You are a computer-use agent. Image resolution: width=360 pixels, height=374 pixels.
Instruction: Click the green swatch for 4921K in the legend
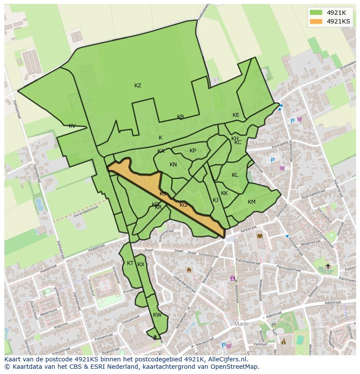316,13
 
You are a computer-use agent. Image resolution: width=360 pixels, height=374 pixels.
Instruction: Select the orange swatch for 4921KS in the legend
316,21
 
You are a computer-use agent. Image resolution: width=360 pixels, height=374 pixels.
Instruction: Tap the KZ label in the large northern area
138,86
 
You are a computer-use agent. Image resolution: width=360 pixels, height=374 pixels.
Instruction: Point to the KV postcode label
72,126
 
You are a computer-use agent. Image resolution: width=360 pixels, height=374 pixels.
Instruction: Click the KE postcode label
236,115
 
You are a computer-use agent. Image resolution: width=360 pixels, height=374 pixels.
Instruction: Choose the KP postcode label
193,151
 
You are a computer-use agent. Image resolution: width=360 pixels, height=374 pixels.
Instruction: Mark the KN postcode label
173,165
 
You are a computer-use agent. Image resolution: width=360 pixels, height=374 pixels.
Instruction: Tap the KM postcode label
251,202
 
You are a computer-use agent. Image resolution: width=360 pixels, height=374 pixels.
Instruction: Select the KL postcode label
235,175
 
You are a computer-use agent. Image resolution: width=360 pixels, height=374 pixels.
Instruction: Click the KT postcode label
130,263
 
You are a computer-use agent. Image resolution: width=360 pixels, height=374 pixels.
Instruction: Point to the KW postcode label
157,315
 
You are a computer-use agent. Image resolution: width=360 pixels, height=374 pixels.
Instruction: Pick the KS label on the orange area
163,194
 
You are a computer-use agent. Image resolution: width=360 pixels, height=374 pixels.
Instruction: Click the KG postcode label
183,205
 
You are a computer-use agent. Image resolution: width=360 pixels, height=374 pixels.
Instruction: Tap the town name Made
241,324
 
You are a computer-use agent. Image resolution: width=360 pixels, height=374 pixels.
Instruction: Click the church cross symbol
328,266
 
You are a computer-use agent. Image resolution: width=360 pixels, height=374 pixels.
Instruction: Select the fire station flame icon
189,270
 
